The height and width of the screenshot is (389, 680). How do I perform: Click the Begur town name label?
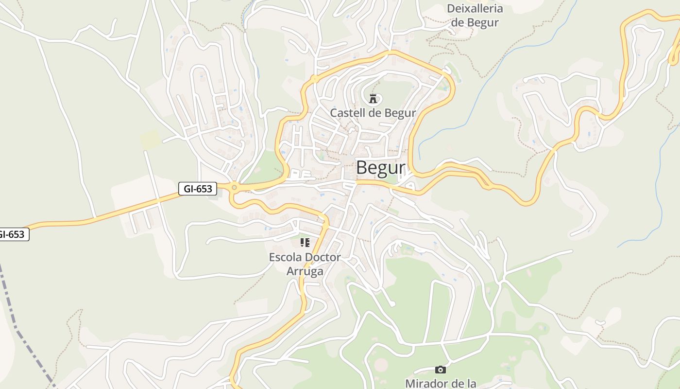point(380,168)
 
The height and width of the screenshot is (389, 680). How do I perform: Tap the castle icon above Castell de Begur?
point(373,99)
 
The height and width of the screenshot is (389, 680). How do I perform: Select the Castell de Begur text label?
point(373,113)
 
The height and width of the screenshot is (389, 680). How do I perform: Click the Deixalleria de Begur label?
point(475,16)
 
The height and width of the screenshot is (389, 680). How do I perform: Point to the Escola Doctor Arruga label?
point(305,264)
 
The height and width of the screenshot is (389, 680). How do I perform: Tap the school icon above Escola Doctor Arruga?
point(305,243)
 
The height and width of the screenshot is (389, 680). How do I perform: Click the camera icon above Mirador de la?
point(441,370)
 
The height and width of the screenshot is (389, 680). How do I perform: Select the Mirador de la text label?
point(441,383)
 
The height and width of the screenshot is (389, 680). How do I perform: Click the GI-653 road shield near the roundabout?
point(198,189)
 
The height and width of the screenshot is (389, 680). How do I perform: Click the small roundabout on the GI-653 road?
point(235,187)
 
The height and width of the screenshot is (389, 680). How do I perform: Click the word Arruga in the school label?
point(305,271)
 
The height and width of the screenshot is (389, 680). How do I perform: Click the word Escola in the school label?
point(285,257)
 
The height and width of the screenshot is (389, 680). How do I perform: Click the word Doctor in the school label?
point(322,257)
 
